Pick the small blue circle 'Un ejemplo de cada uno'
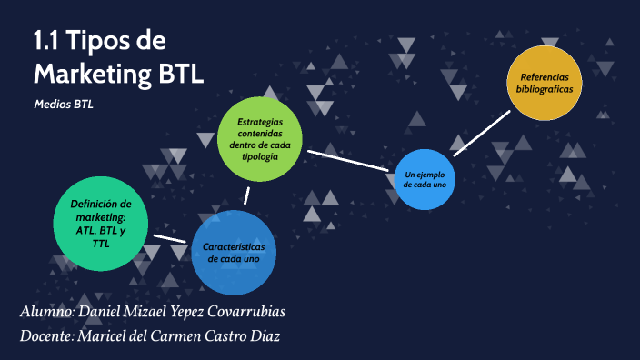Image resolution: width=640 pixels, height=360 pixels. coord(425,178)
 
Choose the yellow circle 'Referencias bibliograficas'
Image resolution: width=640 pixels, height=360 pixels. coord(544,83)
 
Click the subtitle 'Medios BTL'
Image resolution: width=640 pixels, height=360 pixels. coord(64,104)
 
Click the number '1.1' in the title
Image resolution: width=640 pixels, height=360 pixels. coord(48,41)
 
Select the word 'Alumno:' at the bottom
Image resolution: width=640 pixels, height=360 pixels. coord(47,313)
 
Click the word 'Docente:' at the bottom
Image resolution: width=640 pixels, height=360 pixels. coord(49,336)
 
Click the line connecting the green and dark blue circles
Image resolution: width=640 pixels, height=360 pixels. coord(170,238)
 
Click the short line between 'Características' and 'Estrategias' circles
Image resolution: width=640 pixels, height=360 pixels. coord(246,196)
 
